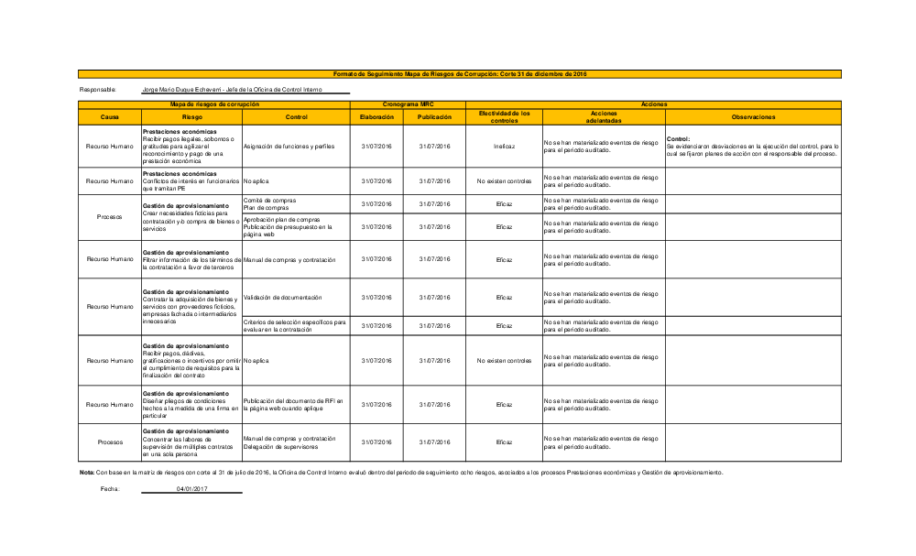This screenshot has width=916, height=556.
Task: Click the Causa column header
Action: (109, 117)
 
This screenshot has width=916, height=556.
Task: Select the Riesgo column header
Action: (191, 117)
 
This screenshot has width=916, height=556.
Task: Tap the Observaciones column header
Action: (753, 117)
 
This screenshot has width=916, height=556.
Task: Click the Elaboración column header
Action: (376, 117)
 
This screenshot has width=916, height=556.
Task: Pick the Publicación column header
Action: (434, 117)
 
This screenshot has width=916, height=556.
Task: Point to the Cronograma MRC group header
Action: (408, 104)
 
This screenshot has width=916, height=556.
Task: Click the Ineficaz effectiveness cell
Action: (504, 147)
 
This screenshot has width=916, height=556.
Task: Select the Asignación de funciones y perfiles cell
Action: (289, 147)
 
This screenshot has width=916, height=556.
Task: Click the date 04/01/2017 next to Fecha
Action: (191, 489)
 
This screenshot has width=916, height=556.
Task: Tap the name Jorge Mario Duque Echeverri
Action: (183, 89)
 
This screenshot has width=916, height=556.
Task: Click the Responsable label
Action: (98, 89)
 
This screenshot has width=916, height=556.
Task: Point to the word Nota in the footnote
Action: (87, 473)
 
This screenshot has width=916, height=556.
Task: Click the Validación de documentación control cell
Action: (283, 297)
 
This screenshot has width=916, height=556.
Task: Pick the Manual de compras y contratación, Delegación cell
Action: (289, 442)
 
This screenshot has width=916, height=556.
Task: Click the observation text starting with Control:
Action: (753, 147)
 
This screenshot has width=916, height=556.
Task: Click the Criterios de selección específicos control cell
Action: (294, 325)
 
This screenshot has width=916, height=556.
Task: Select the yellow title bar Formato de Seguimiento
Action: (459, 73)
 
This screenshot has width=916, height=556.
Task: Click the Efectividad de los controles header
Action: (504, 117)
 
